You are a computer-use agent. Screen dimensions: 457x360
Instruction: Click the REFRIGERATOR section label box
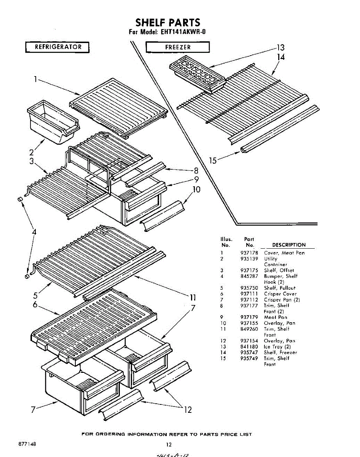coord(58,47)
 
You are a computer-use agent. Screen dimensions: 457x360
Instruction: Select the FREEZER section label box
coord(178,47)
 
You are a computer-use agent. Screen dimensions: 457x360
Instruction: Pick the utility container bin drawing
coord(53,121)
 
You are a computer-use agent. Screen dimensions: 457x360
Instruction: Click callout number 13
coord(280,48)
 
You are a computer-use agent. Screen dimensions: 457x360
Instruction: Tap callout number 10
coord(196,189)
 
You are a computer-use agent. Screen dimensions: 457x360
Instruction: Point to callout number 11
coord(193,298)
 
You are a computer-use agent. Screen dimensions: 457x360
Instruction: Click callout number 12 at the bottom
coord(188,410)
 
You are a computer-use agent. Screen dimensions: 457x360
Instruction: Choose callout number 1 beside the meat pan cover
coord(35,80)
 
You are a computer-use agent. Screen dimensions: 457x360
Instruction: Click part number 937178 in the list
coord(249,253)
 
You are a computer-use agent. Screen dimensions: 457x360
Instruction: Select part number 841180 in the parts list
coord(249,347)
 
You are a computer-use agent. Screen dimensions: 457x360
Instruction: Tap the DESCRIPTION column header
coord(288,245)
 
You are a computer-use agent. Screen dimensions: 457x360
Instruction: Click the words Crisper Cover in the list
coord(280,294)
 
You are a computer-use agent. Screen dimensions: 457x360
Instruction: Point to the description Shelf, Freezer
coord(280,353)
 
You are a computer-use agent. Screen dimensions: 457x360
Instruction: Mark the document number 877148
coord(25,444)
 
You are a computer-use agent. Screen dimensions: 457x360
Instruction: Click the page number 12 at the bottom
coord(169,444)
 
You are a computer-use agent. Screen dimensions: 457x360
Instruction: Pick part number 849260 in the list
coord(249,329)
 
